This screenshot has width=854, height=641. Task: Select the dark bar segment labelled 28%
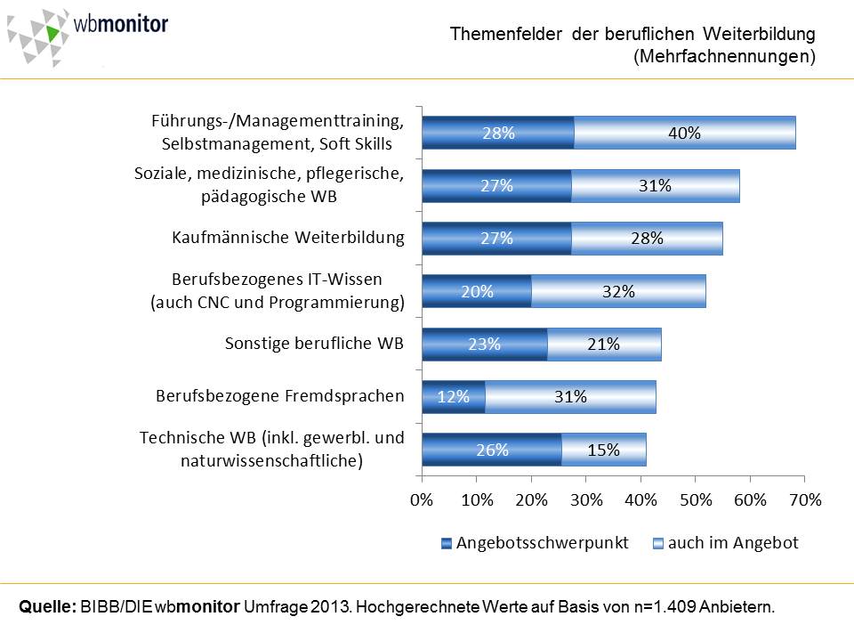(x=498, y=134)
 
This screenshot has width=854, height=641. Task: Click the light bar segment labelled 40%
(x=684, y=134)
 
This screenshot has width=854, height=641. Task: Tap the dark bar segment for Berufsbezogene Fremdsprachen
(x=454, y=397)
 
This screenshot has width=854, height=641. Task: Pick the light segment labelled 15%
(x=603, y=450)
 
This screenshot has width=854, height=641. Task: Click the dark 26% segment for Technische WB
(x=492, y=450)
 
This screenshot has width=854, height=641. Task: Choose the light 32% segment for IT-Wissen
(x=617, y=291)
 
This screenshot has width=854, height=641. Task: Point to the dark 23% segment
(x=485, y=344)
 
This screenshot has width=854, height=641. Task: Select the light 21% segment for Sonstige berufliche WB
(x=604, y=344)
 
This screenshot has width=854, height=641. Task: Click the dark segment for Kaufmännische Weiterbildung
(x=496, y=239)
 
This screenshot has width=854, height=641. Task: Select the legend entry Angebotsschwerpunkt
(x=535, y=543)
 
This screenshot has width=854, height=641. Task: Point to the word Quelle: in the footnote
(x=46, y=607)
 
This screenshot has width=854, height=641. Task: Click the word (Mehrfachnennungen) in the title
(x=724, y=57)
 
